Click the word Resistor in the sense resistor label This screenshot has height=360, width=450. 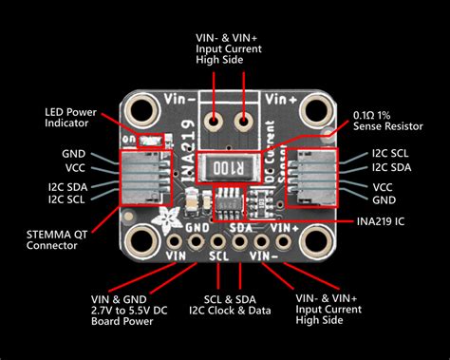tap(402, 124)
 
